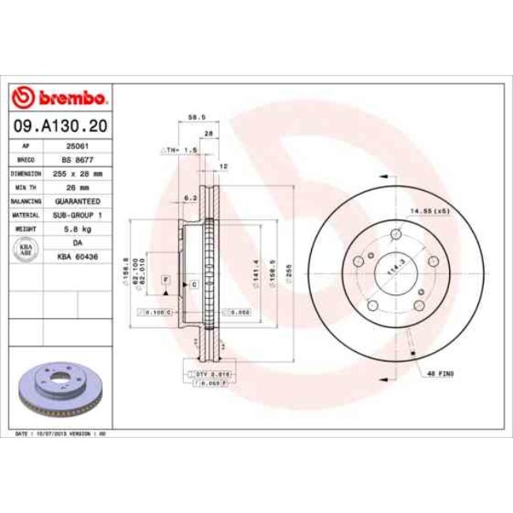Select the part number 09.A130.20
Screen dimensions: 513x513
[x=60, y=125]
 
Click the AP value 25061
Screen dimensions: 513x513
[x=76, y=146]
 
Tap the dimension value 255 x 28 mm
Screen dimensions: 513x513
[x=76, y=172]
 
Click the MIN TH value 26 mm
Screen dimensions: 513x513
[x=76, y=186]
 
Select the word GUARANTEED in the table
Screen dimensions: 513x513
[x=76, y=200]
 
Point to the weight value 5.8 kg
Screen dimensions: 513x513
[x=76, y=228]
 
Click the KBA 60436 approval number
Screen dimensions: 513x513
[x=76, y=256]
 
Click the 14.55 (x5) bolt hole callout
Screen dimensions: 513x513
[x=429, y=211]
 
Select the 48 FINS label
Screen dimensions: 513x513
[x=439, y=373]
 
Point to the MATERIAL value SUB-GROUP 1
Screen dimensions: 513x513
[x=76, y=214]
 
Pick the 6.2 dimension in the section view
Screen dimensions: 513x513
[x=189, y=197]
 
